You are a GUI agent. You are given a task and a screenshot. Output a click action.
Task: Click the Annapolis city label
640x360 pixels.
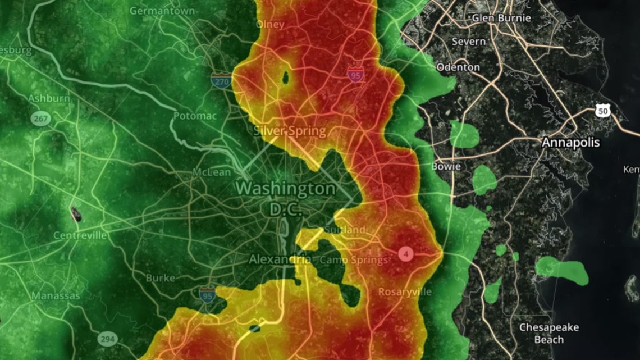click(x=570, y=143)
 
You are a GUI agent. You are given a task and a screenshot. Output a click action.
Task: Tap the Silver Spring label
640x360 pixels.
click(x=290, y=131)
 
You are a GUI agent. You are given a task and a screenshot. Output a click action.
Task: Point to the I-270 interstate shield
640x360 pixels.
click(x=222, y=81)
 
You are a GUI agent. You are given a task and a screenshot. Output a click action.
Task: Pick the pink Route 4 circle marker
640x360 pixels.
click(x=405, y=254)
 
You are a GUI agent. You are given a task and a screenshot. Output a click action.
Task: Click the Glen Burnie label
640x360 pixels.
click(x=501, y=17)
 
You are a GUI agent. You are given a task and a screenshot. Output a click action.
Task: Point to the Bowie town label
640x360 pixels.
click(x=446, y=166)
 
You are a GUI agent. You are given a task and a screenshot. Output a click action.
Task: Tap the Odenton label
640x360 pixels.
click(x=458, y=67)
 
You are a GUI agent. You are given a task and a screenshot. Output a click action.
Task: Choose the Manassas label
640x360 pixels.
click(x=56, y=295)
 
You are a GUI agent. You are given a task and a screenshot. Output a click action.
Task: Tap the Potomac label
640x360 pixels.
click(x=195, y=116)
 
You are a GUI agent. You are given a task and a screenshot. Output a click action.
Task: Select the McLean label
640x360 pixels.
click(x=212, y=172)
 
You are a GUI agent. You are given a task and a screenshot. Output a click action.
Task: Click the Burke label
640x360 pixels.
click(x=160, y=277)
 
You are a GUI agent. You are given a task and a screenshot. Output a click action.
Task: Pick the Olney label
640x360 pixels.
click(x=270, y=24)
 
